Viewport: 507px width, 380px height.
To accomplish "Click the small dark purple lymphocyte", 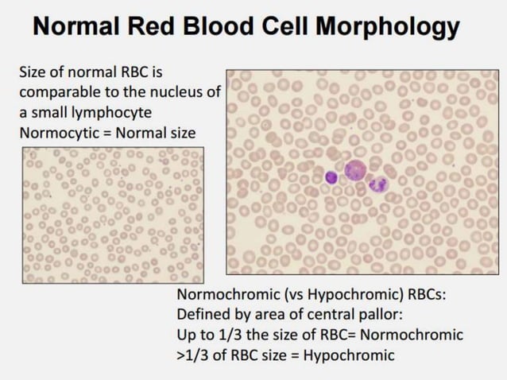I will pyautogui.click(x=331, y=177).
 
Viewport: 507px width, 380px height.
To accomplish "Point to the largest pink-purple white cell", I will pyautogui.click(x=354, y=170).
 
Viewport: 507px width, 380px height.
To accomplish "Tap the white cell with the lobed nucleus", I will pyautogui.click(x=378, y=184).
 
